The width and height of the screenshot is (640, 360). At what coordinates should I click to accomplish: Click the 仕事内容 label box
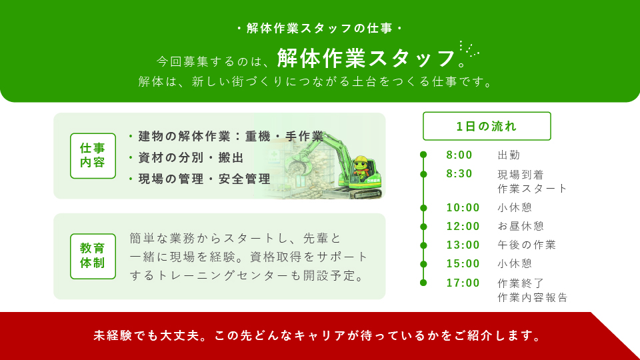point(93,156)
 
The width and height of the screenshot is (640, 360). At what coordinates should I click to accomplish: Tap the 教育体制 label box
point(93,256)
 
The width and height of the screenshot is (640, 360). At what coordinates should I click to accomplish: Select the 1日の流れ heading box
point(487,126)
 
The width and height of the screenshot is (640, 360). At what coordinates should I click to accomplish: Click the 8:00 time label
point(459,155)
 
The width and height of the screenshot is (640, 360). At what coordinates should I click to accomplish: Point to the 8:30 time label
point(459,174)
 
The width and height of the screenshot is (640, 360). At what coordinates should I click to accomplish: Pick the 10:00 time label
point(463,208)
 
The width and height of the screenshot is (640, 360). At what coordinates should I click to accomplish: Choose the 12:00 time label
point(463,227)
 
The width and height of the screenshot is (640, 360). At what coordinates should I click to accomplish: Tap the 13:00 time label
point(463,245)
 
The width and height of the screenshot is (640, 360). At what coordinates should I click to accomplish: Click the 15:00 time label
point(463,264)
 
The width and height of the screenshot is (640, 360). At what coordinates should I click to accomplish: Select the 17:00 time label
point(463,283)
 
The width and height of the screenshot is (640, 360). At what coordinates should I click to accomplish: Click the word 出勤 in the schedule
point(509,155)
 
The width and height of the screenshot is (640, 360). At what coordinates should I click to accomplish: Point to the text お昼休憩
point(521,226)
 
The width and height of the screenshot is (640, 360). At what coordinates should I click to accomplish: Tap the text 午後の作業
point(527,245)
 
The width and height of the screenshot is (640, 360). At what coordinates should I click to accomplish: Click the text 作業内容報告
point(533,297)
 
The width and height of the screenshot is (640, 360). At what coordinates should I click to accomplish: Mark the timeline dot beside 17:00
point(423,283)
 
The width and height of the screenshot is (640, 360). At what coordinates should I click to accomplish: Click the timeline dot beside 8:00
point(423,155)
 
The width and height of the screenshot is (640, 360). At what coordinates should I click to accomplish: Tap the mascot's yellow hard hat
point(361,159)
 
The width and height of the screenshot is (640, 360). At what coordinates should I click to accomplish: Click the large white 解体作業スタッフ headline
point(366,58)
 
